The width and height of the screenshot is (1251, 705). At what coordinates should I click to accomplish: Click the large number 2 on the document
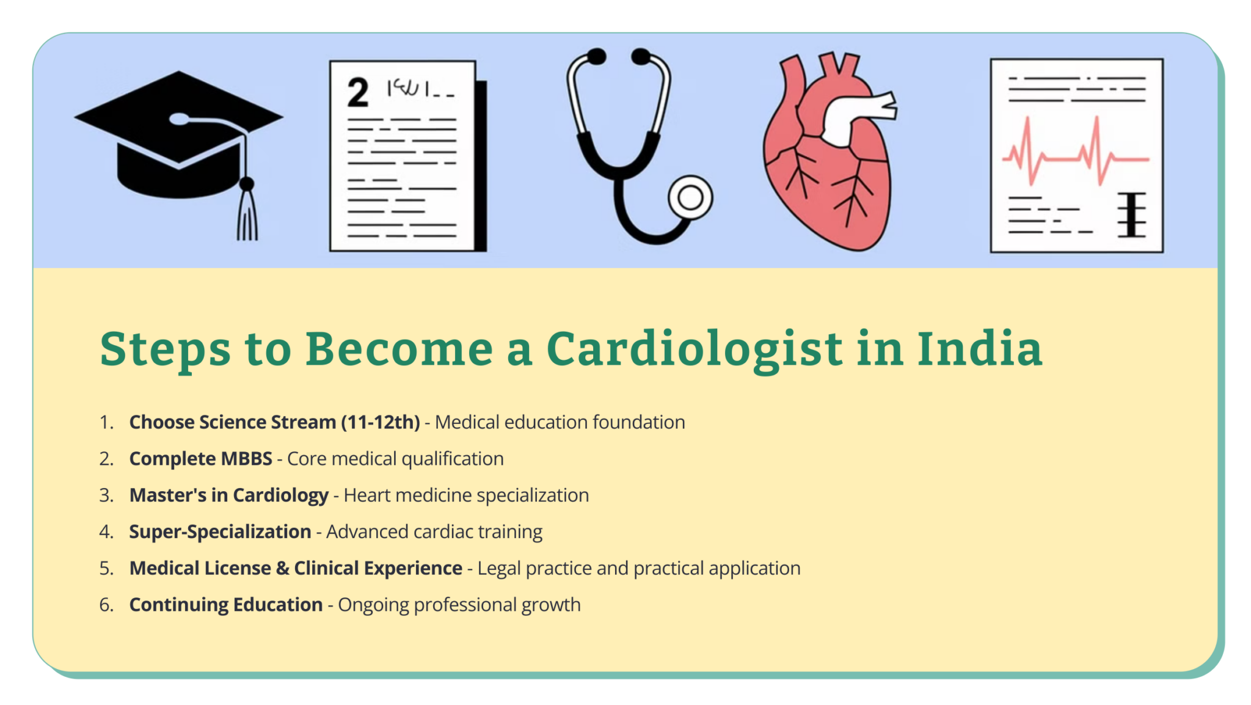(358, 93)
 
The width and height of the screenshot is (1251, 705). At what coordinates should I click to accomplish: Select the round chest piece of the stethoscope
(690, 197)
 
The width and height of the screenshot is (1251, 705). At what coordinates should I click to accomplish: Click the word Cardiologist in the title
(695, 349)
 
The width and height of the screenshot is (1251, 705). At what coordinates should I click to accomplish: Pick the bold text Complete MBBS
(200, 459)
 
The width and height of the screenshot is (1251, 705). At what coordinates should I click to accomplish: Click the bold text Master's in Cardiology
(228, 495)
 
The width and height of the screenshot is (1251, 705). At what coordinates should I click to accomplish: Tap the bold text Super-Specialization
(220, 531)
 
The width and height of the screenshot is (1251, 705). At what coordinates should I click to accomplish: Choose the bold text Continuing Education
(225, 605)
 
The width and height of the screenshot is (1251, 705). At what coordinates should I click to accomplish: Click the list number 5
(106, 568)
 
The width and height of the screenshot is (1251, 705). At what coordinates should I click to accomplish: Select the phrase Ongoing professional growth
(459, 605)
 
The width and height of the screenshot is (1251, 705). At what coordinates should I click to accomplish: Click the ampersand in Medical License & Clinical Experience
(283, 568)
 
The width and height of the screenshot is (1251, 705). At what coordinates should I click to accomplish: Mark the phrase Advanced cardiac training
(434, 531)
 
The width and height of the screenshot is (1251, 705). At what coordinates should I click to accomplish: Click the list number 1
(106, 422)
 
